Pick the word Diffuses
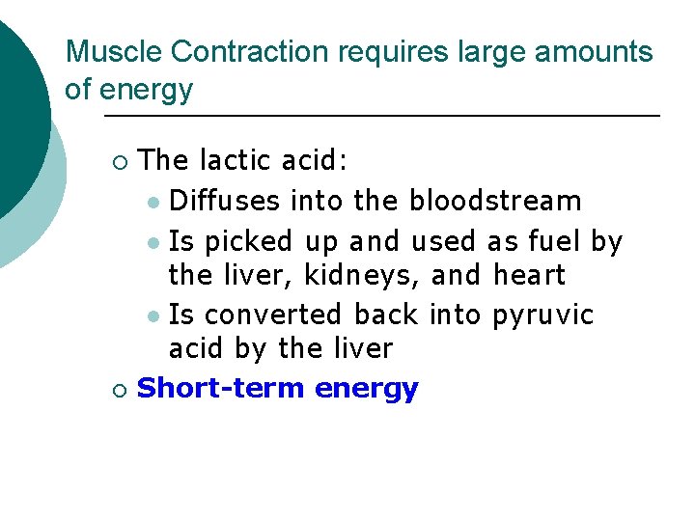click(225, 201)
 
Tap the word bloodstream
click(495, 201)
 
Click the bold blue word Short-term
click(222, 388)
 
